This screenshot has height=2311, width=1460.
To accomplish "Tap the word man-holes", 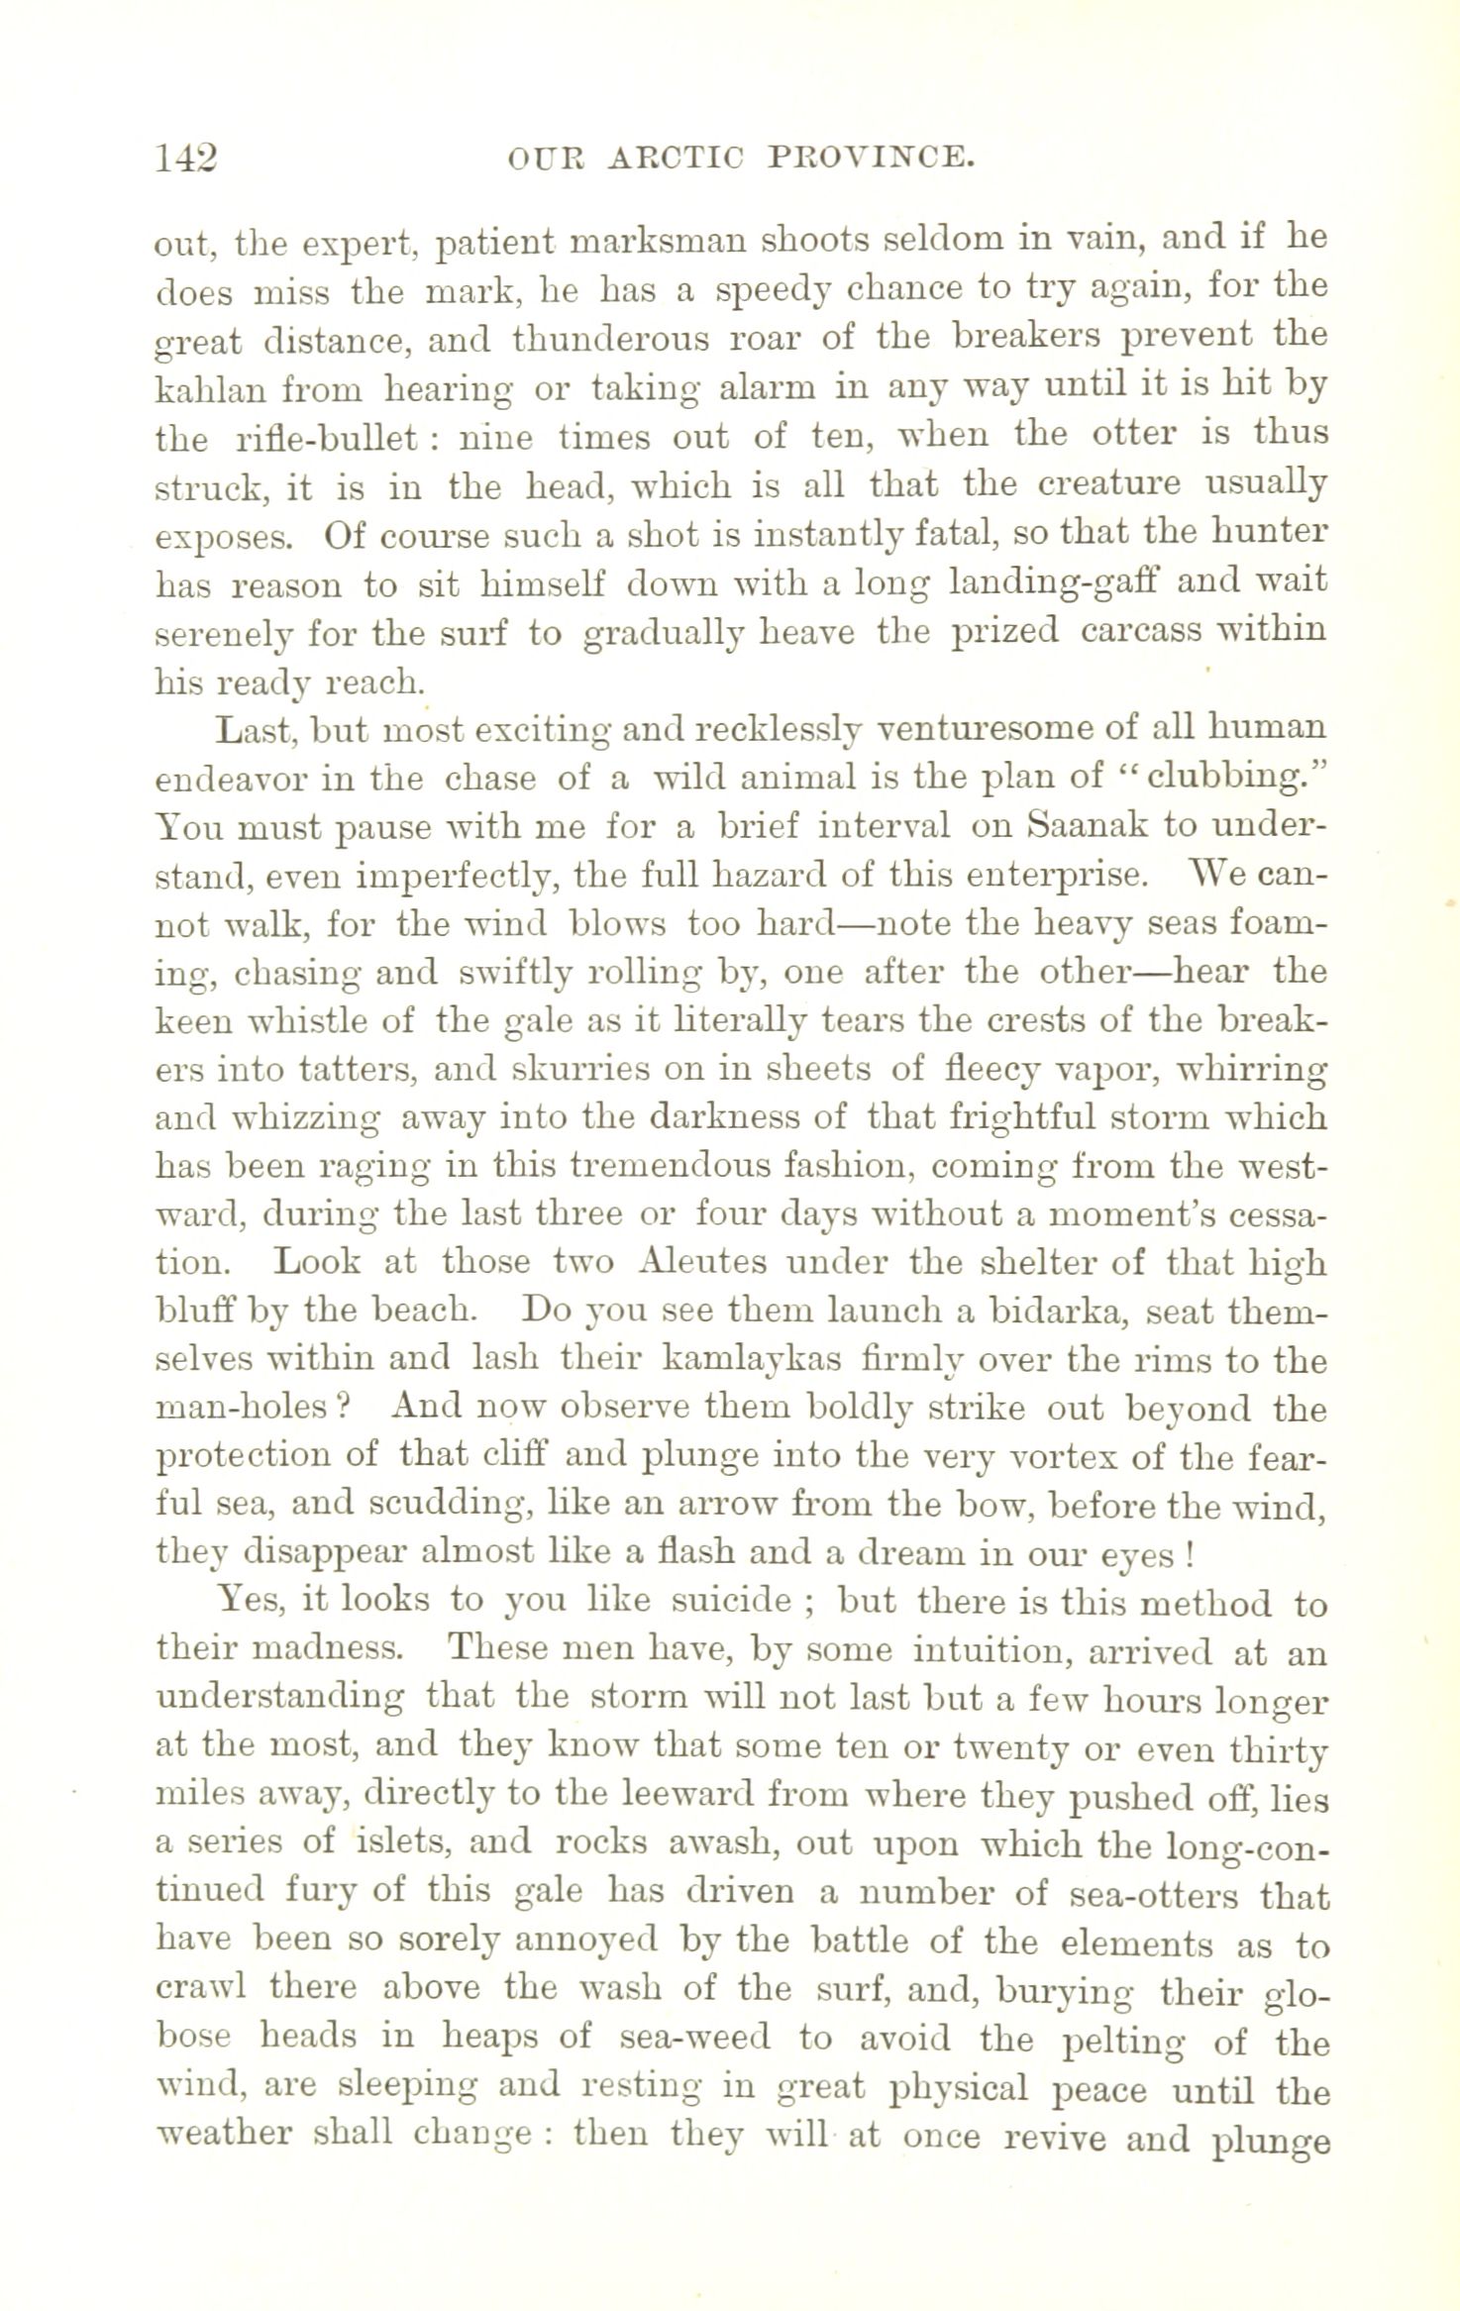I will pos(252,1409).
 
